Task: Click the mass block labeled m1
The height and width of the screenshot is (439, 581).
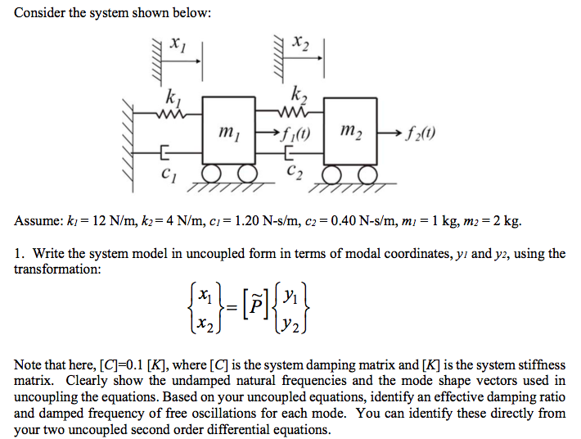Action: [x=230, y=132]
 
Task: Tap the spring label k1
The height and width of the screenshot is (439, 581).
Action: [x=173, y=97]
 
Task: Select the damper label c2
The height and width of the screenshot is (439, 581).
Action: [x=295, y=172]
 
